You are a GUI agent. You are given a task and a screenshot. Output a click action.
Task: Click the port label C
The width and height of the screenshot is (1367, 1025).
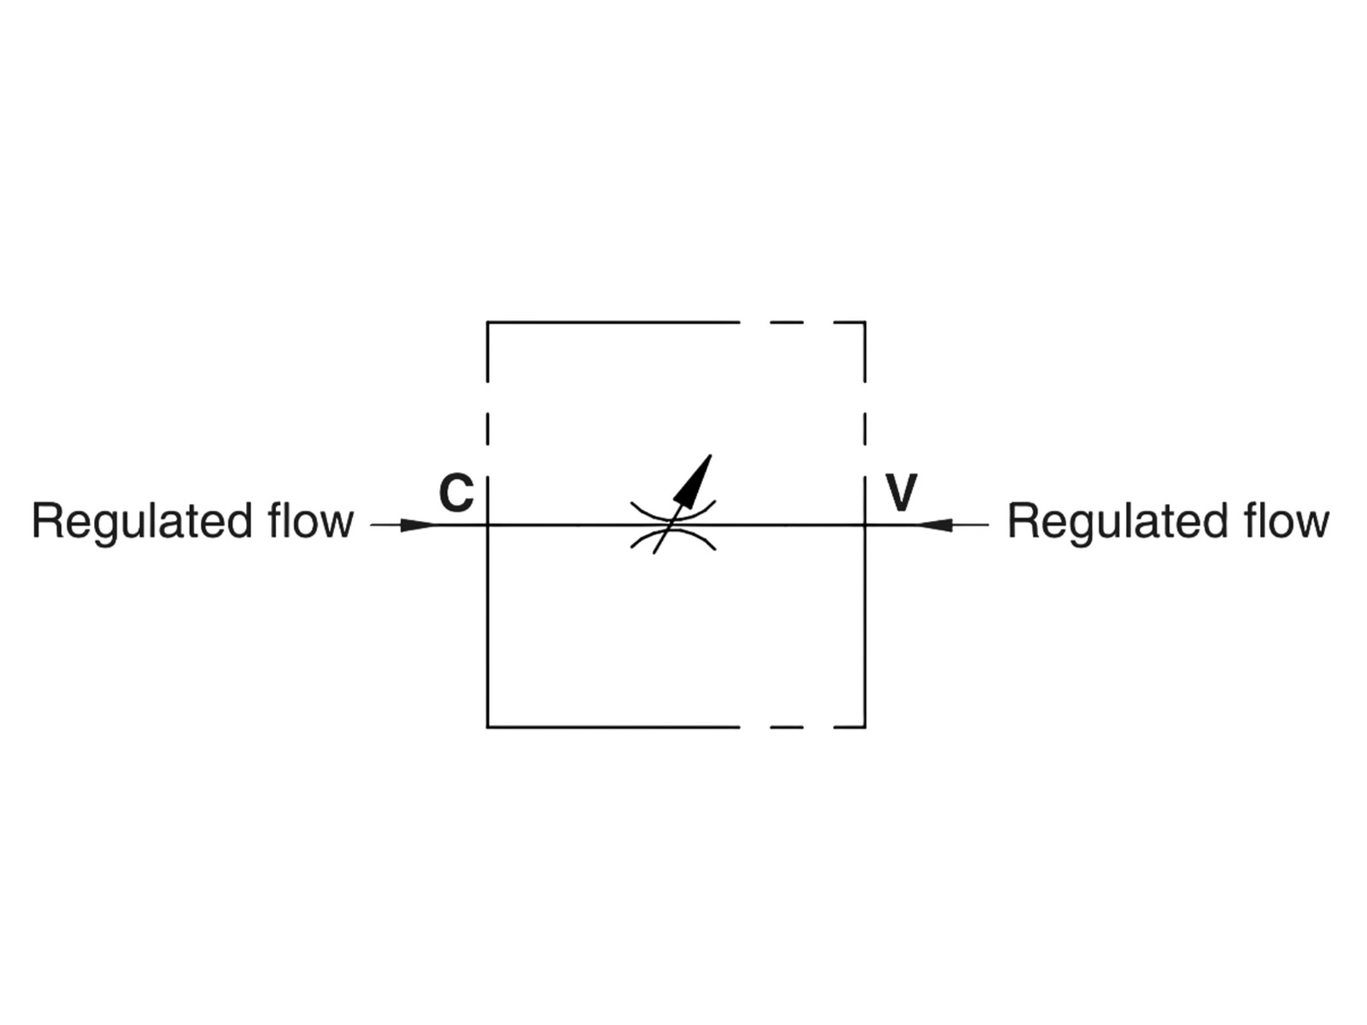point(456,493)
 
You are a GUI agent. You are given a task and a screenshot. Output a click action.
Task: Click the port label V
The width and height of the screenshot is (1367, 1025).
point(901,493)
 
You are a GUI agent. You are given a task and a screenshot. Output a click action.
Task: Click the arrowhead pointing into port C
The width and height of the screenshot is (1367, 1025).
point(419,524)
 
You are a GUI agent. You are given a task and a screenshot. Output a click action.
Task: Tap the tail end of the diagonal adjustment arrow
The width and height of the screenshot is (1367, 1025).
point(655,552)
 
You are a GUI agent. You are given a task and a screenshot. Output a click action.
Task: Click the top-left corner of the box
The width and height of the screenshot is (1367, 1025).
point(488,323)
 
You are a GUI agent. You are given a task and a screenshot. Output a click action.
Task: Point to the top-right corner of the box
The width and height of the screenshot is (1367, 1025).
point(865,323)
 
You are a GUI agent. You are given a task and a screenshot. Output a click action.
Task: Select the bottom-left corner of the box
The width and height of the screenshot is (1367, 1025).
point(488,727)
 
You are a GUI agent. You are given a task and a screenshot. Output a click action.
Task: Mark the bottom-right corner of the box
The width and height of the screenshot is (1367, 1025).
point(865,727)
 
